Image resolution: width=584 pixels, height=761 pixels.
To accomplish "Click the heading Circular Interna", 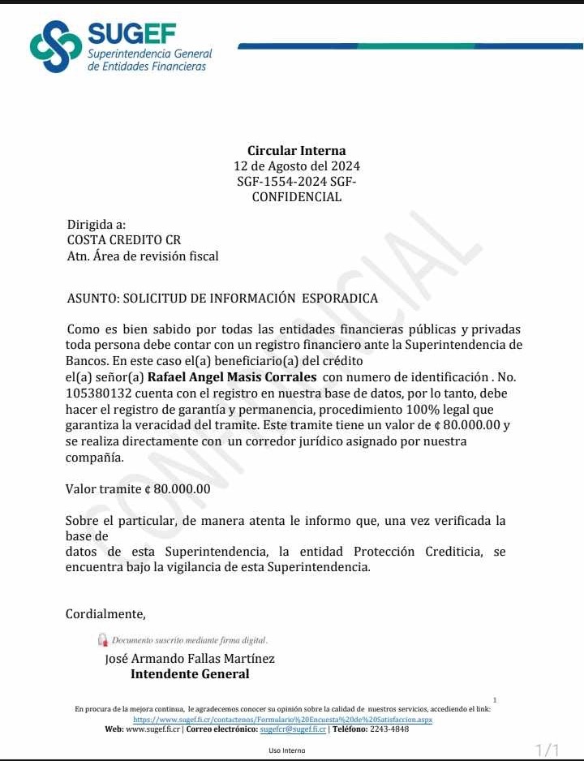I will tap(296, 150).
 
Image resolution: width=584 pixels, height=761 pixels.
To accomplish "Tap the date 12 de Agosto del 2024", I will tap(296, 166).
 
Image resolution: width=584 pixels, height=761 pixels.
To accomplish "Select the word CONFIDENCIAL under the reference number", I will tap(296, 197).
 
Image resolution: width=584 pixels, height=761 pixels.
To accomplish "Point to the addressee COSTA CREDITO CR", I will tap(124, 240).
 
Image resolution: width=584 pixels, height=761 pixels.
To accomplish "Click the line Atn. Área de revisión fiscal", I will tap(143, 256).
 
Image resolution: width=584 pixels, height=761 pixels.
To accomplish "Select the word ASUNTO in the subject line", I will tap(92, 298).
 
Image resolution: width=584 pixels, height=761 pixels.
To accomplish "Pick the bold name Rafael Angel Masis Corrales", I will tap(232, 377).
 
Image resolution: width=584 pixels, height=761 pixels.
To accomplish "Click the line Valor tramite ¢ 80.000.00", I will tap(138, 489).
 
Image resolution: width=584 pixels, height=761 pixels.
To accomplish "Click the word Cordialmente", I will tap(105, 613).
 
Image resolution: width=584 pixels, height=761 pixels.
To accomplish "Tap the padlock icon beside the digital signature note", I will tap(102, 640).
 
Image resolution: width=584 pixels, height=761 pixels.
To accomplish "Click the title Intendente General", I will tap(190, 674).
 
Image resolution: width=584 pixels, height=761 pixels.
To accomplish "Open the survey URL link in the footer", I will tap(282, 719).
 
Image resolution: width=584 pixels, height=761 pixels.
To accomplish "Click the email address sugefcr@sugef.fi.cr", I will tap(292, 729).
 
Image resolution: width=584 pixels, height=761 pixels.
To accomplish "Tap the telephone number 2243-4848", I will tap(389, 729).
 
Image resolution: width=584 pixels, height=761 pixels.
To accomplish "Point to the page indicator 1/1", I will tap(548, 750).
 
